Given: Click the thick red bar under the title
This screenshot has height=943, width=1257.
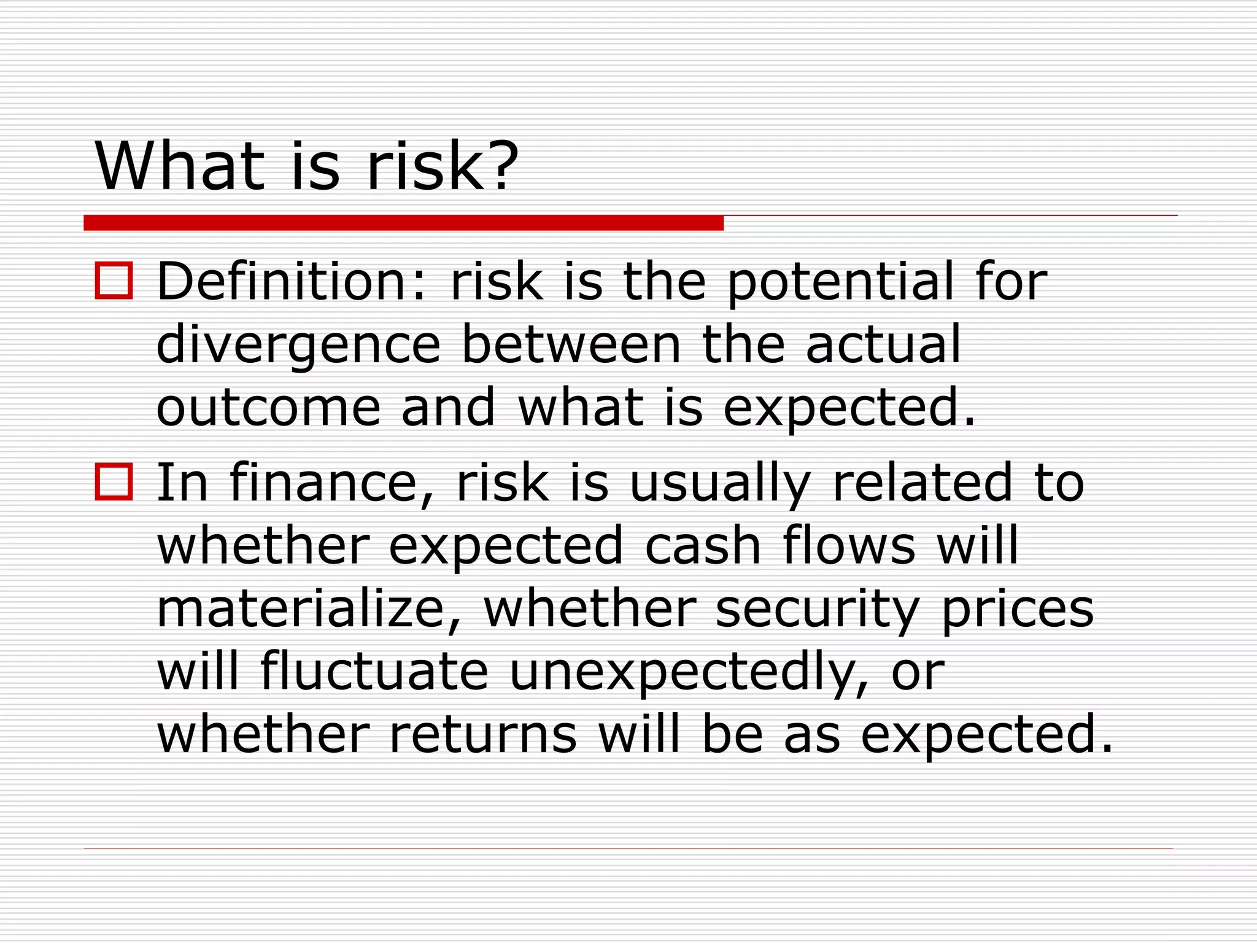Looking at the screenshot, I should click(x=403, y=223).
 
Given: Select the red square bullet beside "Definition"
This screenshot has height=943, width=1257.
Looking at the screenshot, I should click(x=114, y=281).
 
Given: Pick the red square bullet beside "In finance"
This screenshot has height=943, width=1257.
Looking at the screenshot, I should click(x=114, y=482).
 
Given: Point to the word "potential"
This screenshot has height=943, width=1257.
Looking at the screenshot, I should click(x=840, y=282).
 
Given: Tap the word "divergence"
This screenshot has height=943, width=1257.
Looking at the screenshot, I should click(x=298, y=345).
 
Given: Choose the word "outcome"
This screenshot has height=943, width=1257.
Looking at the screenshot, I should click(x=269, y=408).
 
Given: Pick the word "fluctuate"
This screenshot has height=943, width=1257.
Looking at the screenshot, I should click(x=374, y=672).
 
